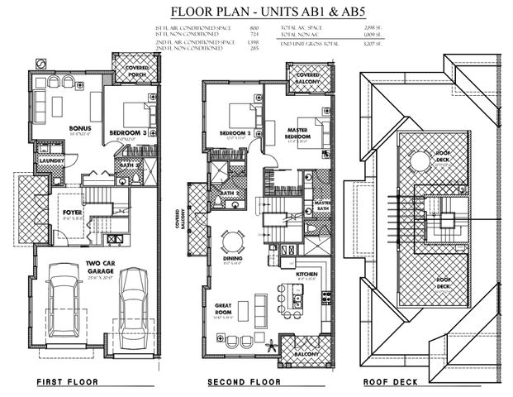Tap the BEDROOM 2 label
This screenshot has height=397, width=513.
[235, 133]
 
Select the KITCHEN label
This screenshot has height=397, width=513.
[307, 272]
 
